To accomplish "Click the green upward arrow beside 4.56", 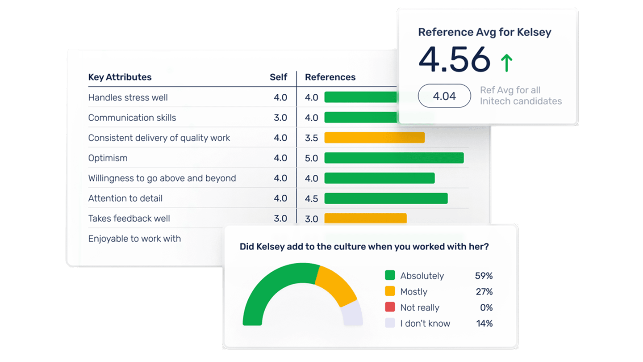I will [506, 63].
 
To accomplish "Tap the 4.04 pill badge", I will [444, 96].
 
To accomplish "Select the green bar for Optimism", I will [394, 158].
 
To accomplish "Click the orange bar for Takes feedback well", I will [365, 218].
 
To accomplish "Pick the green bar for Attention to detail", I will [386, 198].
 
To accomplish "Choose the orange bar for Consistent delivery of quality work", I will [374, 138].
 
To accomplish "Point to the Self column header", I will [278, 77].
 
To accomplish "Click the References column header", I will [330, 77].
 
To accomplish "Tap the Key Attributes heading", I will [120, 77].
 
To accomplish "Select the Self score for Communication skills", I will [280, 118].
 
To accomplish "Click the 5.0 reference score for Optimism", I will [311, 158].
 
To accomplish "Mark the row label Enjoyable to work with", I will [134, 239].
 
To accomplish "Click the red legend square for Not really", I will [390, 307].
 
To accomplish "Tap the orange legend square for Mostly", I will [390, 291].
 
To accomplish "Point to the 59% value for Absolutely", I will [484, 276].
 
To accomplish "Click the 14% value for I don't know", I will [484, 323].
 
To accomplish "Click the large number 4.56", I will [454, 59].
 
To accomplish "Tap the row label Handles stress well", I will [128, 97].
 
